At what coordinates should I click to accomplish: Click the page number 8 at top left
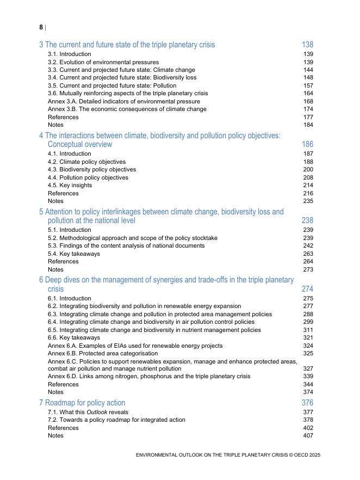tap(41, 27)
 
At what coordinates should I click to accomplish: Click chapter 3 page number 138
tap(307, 45)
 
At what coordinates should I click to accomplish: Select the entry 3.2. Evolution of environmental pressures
tap(103, 62)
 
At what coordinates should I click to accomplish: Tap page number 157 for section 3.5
tap(308, 85)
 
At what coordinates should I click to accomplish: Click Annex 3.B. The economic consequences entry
tap(127, 109)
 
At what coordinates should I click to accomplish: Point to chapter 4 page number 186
tap(307, 144)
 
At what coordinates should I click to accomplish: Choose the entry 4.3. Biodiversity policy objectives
tap(92, 169)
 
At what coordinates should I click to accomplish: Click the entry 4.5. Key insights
tap(70, 185)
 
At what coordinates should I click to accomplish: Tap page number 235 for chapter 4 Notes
tap(308, 201)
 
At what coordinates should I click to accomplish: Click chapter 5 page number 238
tap(307, 220)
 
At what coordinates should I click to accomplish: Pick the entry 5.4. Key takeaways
tap(74, 254)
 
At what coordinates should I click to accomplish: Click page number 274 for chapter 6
tap(307, 289)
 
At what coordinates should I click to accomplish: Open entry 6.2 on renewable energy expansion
tap(144, 306)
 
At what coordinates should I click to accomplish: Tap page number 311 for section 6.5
tap(308, 330)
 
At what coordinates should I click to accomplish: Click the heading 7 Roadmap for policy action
tap(82, 403)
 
